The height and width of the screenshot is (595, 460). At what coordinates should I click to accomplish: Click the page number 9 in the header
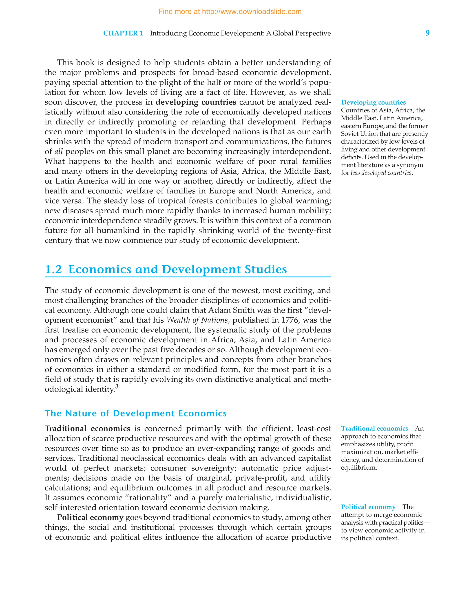427,33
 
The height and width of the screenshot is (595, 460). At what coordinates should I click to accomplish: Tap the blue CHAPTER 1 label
123,33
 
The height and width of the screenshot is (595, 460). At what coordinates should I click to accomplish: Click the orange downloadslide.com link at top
230,12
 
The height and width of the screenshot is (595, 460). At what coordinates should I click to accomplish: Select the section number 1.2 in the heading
53,269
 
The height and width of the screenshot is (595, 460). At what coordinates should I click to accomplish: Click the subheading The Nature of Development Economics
135,413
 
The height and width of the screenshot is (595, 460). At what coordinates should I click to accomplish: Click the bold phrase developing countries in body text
196,102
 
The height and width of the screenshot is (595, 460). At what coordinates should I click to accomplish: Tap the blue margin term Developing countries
373,103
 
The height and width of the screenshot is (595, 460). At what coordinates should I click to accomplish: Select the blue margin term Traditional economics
374,429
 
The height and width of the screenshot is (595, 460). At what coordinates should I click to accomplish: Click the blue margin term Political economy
368,507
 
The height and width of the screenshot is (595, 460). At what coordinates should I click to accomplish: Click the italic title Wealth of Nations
197,320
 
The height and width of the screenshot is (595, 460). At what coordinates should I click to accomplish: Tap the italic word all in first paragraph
58,151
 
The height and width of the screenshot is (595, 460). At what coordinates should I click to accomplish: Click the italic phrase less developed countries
381,173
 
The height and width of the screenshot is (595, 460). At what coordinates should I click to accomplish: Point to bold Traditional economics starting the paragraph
88,429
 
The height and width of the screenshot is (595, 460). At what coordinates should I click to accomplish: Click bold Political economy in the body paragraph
90,517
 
